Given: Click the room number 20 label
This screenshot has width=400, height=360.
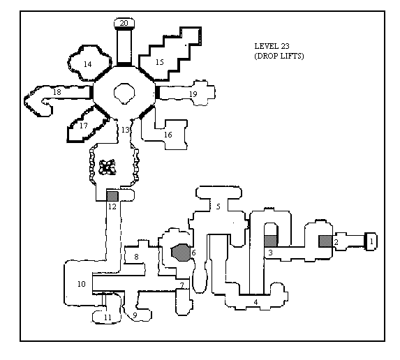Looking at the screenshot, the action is coord(124,23).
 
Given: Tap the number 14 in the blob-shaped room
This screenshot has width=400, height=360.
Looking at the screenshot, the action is coord(87,64).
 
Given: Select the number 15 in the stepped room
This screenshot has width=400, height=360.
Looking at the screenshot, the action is coord(159,62).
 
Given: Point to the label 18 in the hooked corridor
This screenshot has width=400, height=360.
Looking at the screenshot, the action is coord(57,92).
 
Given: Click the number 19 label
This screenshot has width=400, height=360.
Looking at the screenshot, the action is coord(193,94).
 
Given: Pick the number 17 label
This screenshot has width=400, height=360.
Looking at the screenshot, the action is coord(83,126).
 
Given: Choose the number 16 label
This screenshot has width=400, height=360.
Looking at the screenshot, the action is coord(168,135).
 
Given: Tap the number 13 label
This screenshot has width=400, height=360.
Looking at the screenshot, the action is coord(126,130).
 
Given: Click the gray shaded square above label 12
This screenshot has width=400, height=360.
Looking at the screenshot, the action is coord(112,196).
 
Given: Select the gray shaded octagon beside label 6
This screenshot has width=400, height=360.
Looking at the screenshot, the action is coord(181,253).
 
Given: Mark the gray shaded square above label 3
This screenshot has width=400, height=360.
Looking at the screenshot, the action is coord(270,241).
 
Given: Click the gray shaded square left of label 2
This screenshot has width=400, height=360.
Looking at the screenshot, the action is coord(325,241).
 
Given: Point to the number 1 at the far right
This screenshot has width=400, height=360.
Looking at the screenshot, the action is coord(371,241).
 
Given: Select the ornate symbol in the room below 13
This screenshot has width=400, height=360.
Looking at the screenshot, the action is coord(107,167).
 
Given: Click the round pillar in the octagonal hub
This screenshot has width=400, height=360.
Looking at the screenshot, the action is coord(124,93).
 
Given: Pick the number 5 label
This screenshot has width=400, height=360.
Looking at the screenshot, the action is coord(218,207).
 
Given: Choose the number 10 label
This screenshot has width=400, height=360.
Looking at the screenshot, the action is coord(82,284).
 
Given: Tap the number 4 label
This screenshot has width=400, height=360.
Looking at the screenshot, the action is coord(255,302).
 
